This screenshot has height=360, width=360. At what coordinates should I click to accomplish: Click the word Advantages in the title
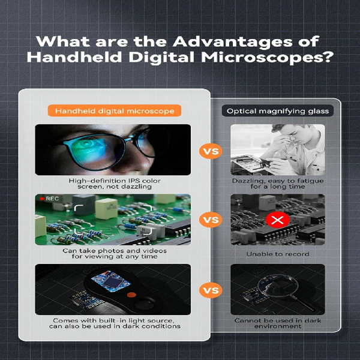pyautogui.click(x=233, y=42)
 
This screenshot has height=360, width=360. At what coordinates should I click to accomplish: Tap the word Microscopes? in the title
pyautogui.click(x=267, y=58)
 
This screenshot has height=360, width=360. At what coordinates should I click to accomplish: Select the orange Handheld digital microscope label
pyautogui.click(x=115, y=111)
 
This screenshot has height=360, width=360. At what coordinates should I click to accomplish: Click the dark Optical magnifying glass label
pyautogui.click(x=278, y=111)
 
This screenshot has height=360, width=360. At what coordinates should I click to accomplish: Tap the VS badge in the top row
pyautogui.click(x=211, y=151)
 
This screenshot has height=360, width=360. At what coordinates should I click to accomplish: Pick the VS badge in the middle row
pyautogui.click(x=211, y=220)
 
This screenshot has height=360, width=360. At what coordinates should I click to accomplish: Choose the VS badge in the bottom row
pyautogui.click(x=211, y=290)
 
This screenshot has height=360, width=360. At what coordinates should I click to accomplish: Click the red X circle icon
pyautogui.click(x=278, y=220)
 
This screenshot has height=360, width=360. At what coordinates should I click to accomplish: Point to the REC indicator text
pyautogui.click(x=52, y=199)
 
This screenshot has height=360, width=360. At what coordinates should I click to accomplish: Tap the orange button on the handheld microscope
pyautogui.click(x=131, y=295)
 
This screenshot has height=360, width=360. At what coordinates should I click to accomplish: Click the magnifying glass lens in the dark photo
pyautogui.click(x=278, y=286)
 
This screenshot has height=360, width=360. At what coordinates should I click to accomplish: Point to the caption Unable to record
pyautogui.click(x=278, y=254)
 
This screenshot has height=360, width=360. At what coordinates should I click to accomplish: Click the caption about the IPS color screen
pyautogui.click(x=115, y=184)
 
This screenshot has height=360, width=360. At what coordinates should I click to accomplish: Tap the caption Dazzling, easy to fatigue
pyautogui.click(x=278, y=184)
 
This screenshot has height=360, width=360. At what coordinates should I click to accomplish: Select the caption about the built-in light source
pyautogui.click(x=115, y=323)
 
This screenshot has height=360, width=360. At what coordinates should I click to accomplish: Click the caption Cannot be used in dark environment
pyautogui.click(x=278, y=323)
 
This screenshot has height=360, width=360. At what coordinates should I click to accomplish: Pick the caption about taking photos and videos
pyautogui.click(x=115, y=253)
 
